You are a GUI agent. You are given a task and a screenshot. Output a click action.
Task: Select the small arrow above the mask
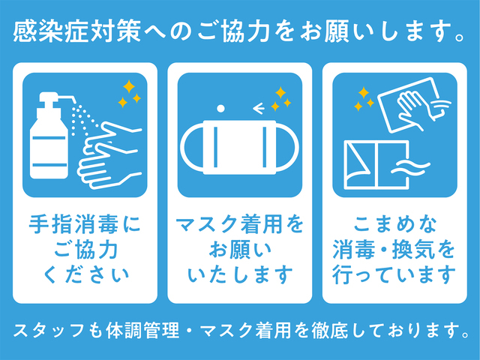[x=259, y=108]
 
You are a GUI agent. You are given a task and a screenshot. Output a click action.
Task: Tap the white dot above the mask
[x=220, y=108]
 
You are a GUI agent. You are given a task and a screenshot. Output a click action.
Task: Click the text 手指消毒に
[x=85, y=223]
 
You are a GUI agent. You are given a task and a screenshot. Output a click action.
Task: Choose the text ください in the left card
[x=85, y=274]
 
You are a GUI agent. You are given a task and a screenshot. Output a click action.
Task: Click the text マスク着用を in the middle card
[x=240, y=223]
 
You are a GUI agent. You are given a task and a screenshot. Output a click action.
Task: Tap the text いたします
[x=240, y=274]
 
